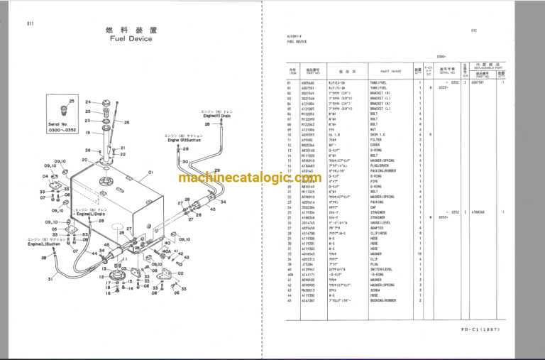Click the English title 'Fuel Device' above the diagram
[x=131, y=40]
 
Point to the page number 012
[x=475, y=31]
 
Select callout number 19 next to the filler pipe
[x=86, y=133]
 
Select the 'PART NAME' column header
[x=390, y=71]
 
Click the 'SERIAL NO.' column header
[x=447, y=72]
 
